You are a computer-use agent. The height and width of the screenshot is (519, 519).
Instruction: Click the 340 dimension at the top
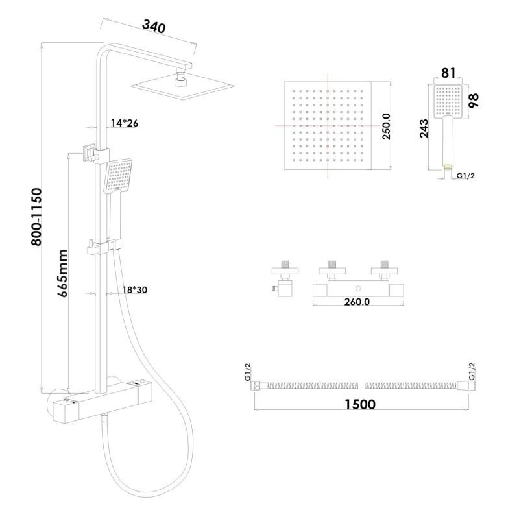(154, 27)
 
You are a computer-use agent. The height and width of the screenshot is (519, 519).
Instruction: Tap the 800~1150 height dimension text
(37, 217)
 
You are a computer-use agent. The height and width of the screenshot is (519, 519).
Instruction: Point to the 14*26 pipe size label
(125, 123)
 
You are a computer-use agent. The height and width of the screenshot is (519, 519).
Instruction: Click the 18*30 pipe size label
(135, 290)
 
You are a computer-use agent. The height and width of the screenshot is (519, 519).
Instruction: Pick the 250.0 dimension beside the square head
(386, 126)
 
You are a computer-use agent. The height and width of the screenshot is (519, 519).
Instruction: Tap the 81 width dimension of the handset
(448, 73)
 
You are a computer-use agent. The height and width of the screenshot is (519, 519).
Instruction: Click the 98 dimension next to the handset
(474, 101)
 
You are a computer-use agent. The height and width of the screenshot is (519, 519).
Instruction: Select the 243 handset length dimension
(424, 128)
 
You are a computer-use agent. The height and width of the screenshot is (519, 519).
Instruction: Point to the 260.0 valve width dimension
(357, 302)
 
